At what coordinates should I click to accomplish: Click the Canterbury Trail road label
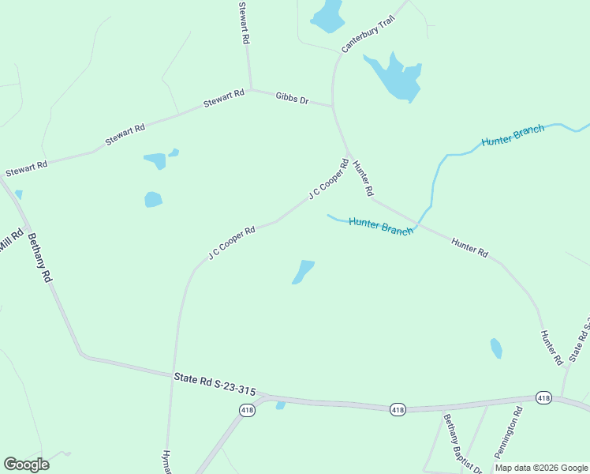pos(367,37)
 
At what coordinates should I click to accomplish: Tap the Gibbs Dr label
pos(292,99)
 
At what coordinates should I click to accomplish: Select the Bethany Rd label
pos(39,258)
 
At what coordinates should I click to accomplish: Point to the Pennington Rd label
pos(509,433)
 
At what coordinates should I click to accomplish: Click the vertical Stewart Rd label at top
pos(245,22)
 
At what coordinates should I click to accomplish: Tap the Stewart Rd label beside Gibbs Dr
pos(224,99)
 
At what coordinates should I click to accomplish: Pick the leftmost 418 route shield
pos(247,410)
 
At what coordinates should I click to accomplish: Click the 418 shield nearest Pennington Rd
pos(543,398)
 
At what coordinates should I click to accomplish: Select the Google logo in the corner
pos(26,465)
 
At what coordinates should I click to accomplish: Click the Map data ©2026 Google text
pos(540,468)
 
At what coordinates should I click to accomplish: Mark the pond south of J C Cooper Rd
pos(304,271)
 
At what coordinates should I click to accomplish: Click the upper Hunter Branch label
pos(513,135)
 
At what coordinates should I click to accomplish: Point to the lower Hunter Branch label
pos(381,228)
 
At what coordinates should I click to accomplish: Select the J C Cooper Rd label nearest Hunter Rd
pos(328,180)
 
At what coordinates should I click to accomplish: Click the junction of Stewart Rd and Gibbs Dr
pos(251,88)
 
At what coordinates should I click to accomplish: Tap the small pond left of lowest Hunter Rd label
pos(496,348)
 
